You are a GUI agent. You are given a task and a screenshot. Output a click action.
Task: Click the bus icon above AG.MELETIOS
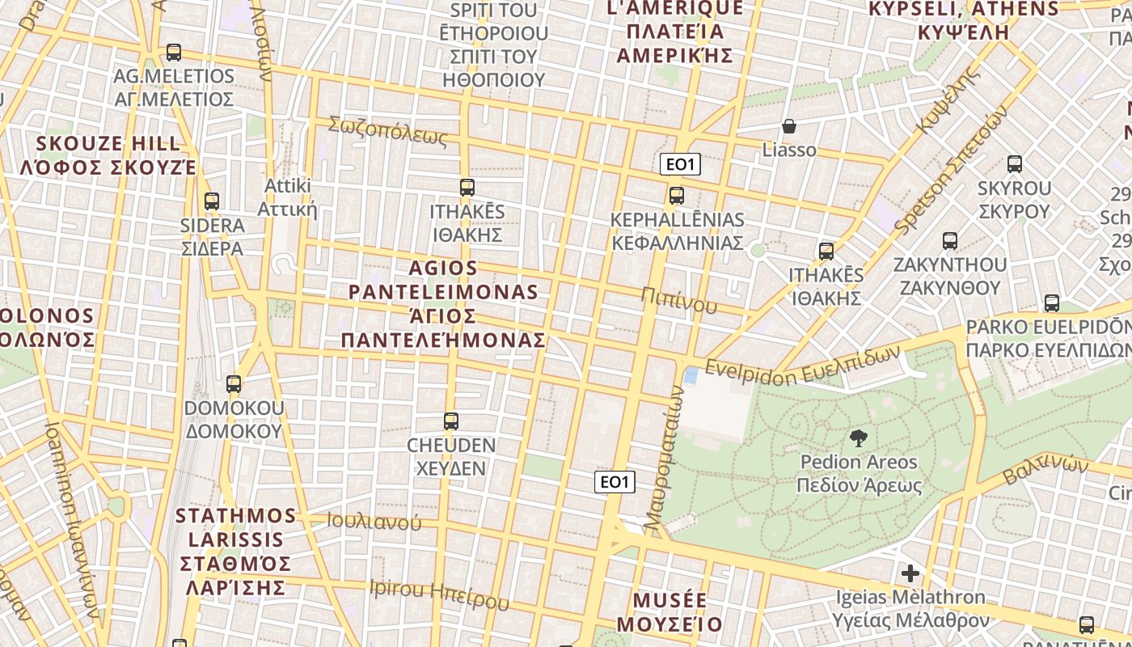click(x=173, y=53)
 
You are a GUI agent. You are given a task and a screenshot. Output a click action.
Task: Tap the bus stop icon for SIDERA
click(x=212, y=201)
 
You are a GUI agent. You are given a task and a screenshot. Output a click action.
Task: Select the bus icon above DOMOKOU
click(x=234, y=384)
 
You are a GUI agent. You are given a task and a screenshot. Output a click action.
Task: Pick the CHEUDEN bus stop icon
click(x=451, y=421)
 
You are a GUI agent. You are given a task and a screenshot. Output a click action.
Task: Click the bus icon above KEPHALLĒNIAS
click(x=677, y=196)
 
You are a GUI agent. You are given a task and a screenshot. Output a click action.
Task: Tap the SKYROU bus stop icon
click(x=1015, y=164)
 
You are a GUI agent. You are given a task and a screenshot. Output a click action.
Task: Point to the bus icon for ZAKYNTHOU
click(x=950, y=241)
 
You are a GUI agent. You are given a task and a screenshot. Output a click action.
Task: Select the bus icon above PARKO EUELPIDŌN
click(x=1052, y=303)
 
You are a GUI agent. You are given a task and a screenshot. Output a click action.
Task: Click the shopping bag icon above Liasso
click(x=789, y=127)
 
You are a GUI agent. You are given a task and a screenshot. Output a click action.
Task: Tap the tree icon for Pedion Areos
click(x=859, y=438)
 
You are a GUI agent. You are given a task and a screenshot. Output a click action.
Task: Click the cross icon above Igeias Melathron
click(x=910, y=573)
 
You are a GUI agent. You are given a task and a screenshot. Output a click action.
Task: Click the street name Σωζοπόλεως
click(x=387, y=131)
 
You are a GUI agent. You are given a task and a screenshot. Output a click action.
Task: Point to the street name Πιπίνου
click(x=678, y=298)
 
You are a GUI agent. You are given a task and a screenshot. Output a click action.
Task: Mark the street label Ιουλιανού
click(x=374, y=522)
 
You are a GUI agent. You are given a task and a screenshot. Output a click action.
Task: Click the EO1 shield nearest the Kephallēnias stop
click(x=680, y=165)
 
